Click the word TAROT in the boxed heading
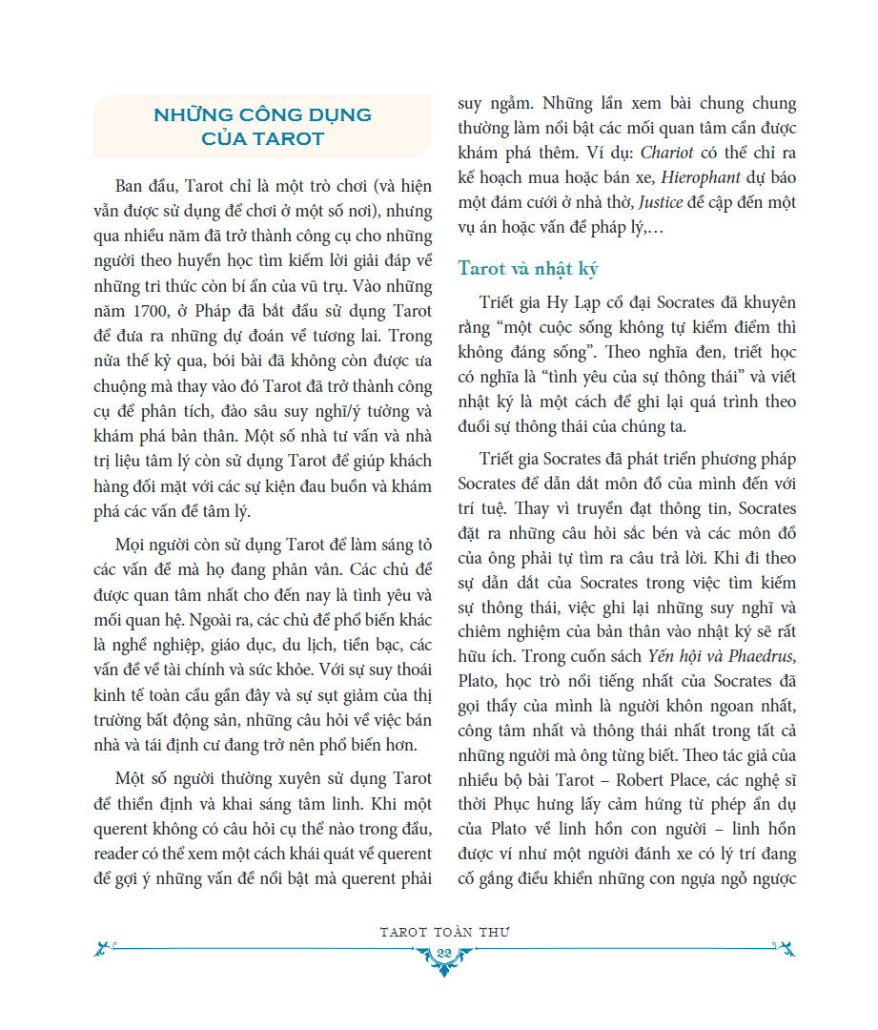(289, 138)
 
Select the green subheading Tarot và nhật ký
(528, 269)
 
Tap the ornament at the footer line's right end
(784, 948)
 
